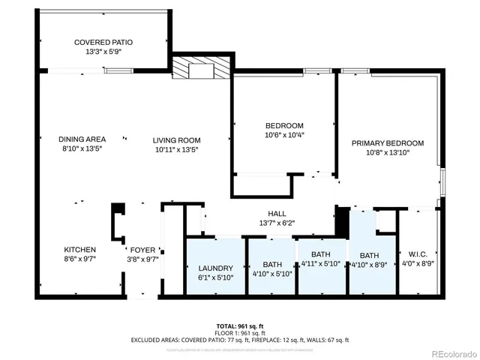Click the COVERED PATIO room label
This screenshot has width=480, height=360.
pyautogui.click(x=103, y=43)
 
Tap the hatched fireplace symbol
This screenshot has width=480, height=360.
pyautogui.click(x=184, y=67)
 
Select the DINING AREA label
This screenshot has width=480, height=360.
pyautogui.click(x=82, y=139)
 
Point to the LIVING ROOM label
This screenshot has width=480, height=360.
pyautogui.click(x=177, y=140)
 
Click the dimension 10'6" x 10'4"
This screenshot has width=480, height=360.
pyautogui.click(x=284, y=135)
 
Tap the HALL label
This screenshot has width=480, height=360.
pyautogui.click(x=268, y=213)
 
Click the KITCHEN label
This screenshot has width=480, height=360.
pyautogui.click(x=79, y=250)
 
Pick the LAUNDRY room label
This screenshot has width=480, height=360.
pyautogui.click(x=215, y=268)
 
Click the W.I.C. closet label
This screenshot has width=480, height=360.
pyautogui.click(x=418, y=253)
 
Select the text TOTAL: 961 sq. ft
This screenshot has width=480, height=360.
pyautogui.click(x=239, y=325)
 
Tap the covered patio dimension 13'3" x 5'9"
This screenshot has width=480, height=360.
pyautogui.click(x=103, y=52)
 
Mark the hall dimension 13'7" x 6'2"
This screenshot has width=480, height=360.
pyautogui.click(x=268, y=223)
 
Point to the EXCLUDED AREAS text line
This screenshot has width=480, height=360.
pyautogui.click(x=239, y=340)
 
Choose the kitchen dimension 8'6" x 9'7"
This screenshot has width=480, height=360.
pyautogui.click(x=79, y=259)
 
